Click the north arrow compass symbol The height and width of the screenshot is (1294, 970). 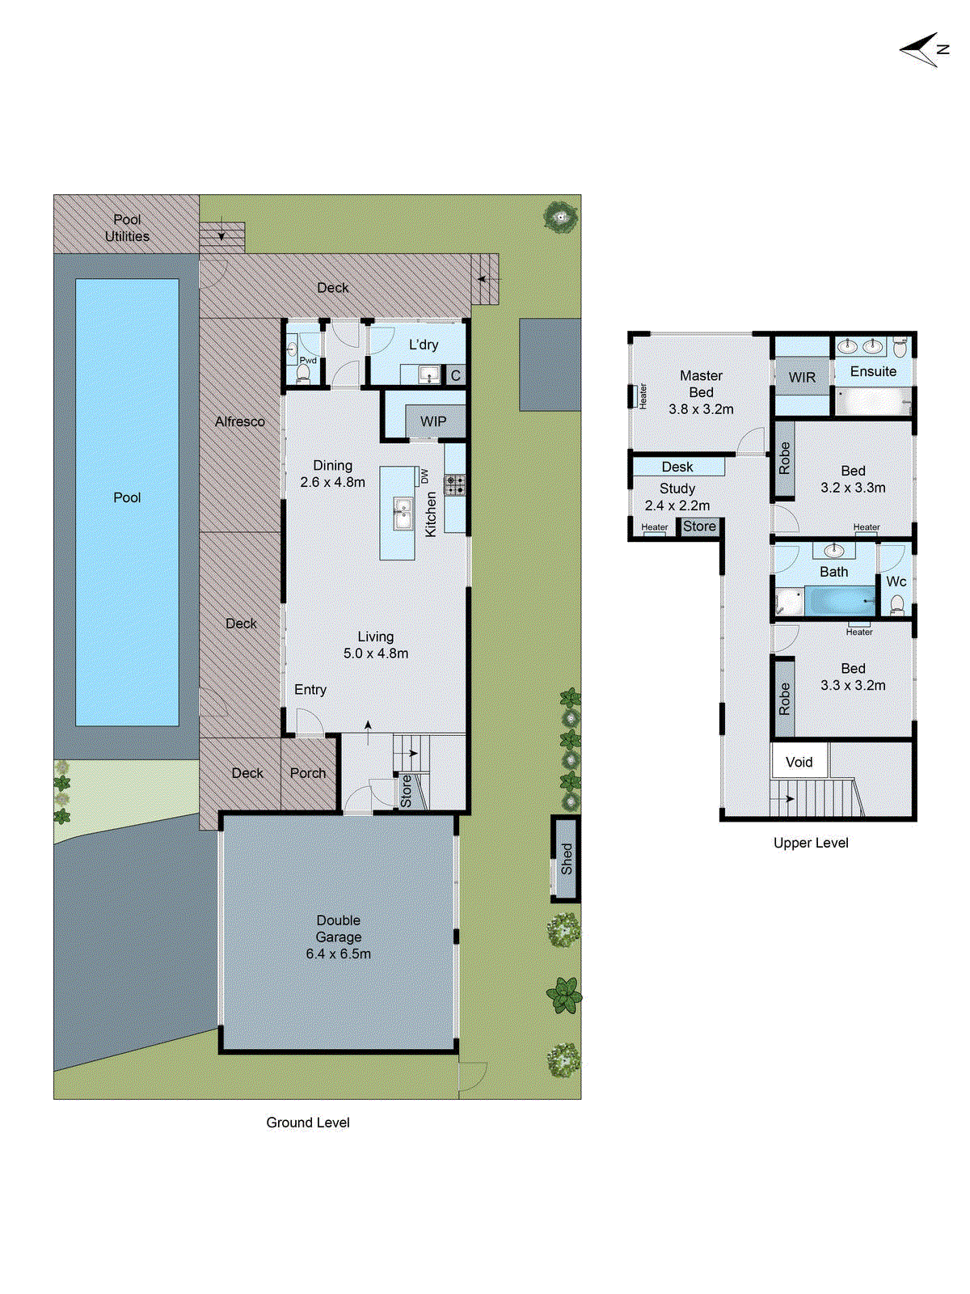tap(924, 50)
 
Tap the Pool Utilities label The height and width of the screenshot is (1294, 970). tap(127, 228)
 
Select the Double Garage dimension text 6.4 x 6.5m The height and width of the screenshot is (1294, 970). tap(338, 954)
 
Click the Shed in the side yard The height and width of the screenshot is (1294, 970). tap(567, 858)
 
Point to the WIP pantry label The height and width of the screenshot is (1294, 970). tap(433, 421)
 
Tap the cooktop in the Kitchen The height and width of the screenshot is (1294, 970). tap(455, 485)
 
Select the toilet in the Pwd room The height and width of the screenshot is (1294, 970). tap(303, 374)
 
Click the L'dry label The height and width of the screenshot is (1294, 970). tap(424, 345)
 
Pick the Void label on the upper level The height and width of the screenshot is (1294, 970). tap(799, 762)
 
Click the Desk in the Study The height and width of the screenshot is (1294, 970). tap(677, 467)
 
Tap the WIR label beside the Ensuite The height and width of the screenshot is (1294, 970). tap(802, 378)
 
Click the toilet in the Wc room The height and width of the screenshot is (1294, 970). tap(896, 604)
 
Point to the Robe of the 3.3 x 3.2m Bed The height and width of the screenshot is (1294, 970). tap(784, 699)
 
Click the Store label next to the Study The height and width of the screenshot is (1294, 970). tap(699, 526)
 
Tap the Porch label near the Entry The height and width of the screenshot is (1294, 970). tap(308, 773)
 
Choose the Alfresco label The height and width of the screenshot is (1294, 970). tap(240, 421)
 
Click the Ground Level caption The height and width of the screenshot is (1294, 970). tap(308, 1123)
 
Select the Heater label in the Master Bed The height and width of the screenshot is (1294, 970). tap(643, 395)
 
